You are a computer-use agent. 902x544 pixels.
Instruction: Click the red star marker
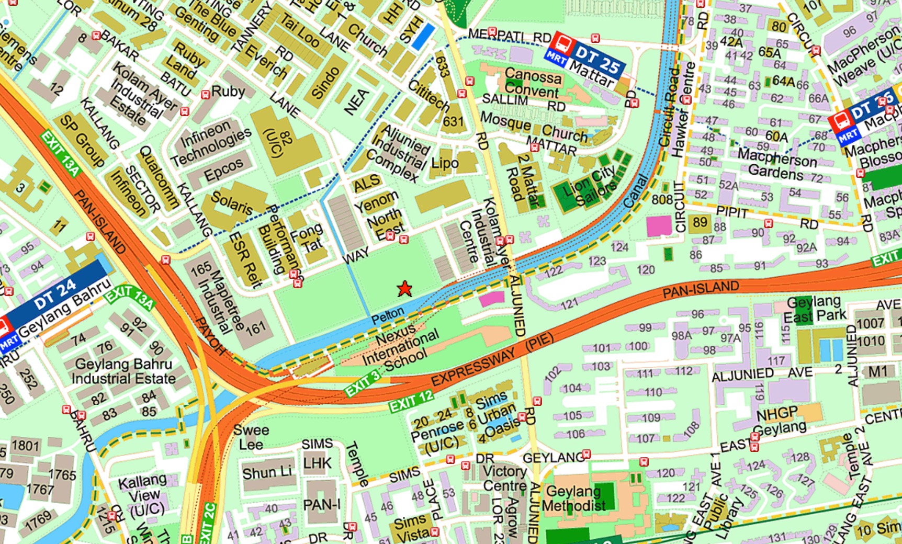click(404, 289)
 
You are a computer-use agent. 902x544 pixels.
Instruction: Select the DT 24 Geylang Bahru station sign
click(58, 309)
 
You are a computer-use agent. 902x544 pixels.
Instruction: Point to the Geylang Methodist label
click(574, 498)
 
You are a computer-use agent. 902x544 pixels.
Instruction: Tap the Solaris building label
click(231, 202)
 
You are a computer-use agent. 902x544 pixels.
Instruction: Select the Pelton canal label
click(388, 315)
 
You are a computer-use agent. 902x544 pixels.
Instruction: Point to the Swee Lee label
click(251, 437)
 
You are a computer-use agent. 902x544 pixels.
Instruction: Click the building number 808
click(662, 200)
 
